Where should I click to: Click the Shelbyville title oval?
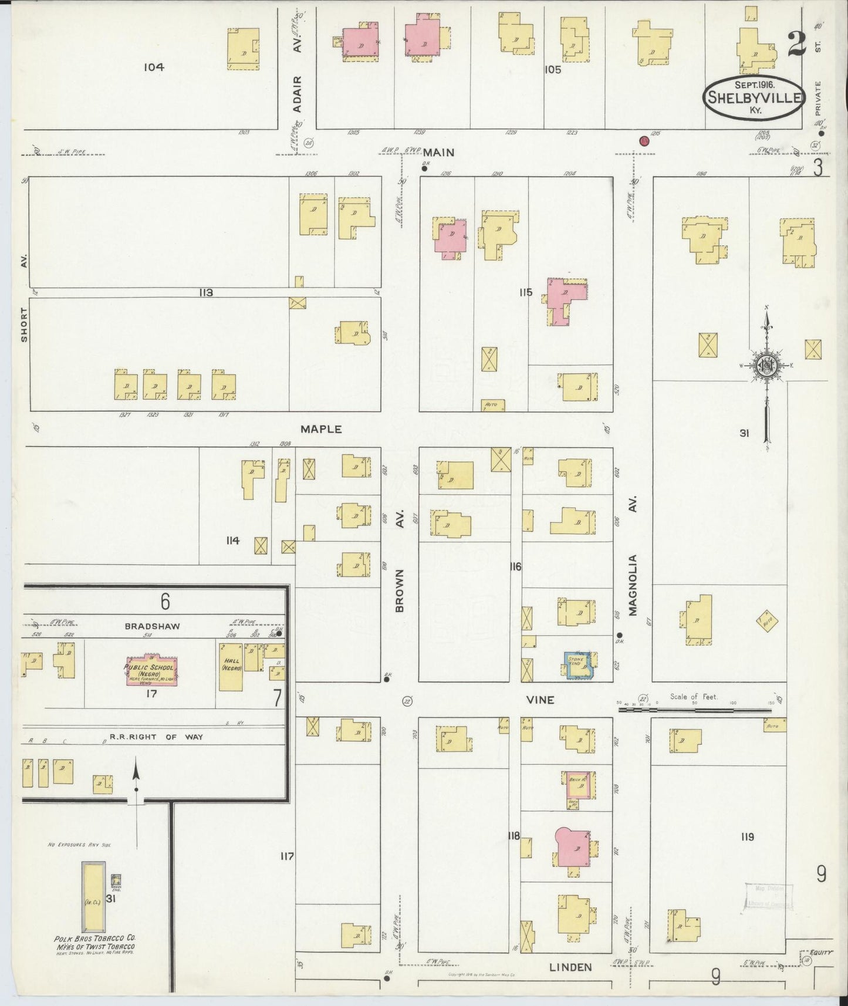(754, 96)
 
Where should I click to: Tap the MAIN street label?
(439, 152)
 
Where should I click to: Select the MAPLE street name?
(321, 429)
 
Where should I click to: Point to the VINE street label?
(540, 700)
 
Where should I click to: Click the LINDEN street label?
(570, 967)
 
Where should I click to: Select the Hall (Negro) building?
(231, 666)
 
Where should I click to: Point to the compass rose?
(766, 366)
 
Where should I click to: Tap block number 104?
(154, 67)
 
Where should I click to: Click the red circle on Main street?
(644, 141)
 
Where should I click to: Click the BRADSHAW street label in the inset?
(153, 626)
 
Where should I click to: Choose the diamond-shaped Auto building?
(767, 622)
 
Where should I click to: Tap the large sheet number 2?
(796, 44)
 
